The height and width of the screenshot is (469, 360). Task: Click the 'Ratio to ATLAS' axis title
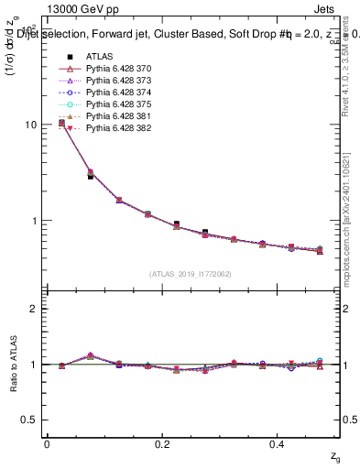12,365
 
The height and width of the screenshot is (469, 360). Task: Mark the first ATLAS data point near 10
61,123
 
